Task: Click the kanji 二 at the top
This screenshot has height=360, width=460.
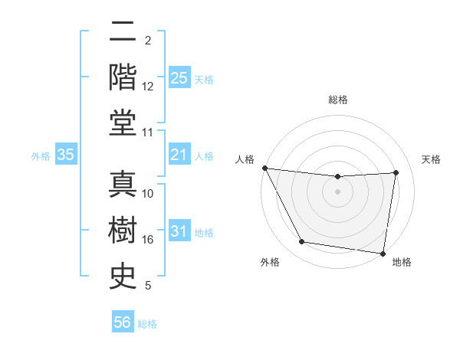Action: (123, 32)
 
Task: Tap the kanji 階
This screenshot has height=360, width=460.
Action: (123, 77)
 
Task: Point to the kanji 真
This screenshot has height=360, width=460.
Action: (123, 184)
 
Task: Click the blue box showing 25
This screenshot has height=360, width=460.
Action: (179, 78)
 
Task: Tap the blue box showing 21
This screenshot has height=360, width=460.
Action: (179, 155)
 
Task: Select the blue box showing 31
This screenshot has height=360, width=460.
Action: (179, 232)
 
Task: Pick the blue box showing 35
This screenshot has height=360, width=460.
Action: (66, 155)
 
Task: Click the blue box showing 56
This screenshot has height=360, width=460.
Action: (123, 323)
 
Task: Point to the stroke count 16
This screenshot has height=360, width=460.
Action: (148, 240)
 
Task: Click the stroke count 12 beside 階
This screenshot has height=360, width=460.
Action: (148, 86)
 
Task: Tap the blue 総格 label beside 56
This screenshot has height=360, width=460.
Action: (147, 324)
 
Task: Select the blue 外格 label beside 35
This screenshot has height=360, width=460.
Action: (41, 156)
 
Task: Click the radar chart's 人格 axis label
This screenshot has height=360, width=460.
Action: (245, 159)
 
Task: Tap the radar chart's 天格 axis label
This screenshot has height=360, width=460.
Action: (431, 159)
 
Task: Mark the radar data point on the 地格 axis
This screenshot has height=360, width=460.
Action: (383, 253)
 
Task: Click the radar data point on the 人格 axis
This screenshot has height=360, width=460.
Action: (264, 168)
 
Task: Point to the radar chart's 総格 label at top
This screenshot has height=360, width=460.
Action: (338, 100)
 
